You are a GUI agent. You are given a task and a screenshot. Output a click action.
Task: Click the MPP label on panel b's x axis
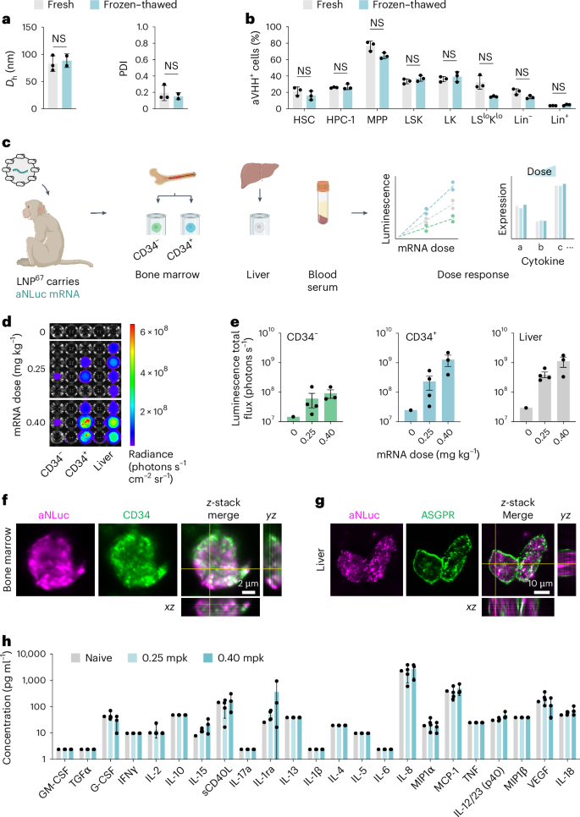[x=371, y=119]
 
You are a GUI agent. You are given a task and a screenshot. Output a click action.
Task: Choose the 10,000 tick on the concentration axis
[x=46, y=654]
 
